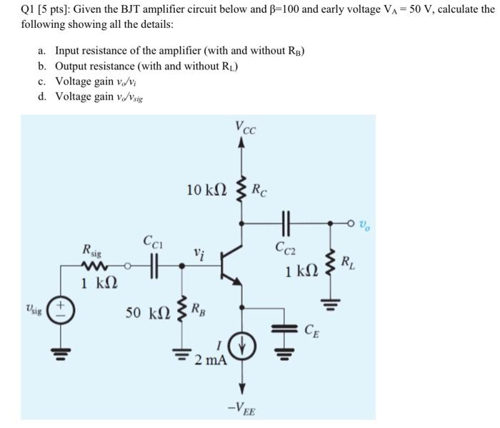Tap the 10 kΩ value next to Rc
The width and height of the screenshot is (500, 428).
click(206, 190)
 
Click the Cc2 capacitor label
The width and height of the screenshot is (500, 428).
click(286, 247)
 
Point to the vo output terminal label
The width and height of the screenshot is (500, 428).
click(365, 225)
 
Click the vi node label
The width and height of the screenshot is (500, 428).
click(199, 252)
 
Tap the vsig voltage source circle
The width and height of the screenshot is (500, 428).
click(59, 313)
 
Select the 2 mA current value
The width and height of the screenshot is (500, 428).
click(211, 359)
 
